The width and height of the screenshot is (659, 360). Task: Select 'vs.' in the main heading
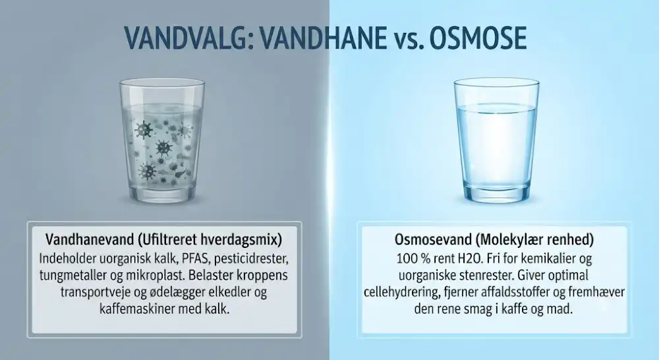click(x=401, y=41)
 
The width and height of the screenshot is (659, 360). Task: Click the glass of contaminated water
click(x=162, y=141)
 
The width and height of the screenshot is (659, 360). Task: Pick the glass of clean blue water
click(x=496, y=141)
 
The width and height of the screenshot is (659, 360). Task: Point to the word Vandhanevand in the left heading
click(x=90, y=240)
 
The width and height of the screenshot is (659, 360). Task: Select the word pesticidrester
click(x=247, y=258)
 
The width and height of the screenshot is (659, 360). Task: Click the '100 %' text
click(x=413, y=258)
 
